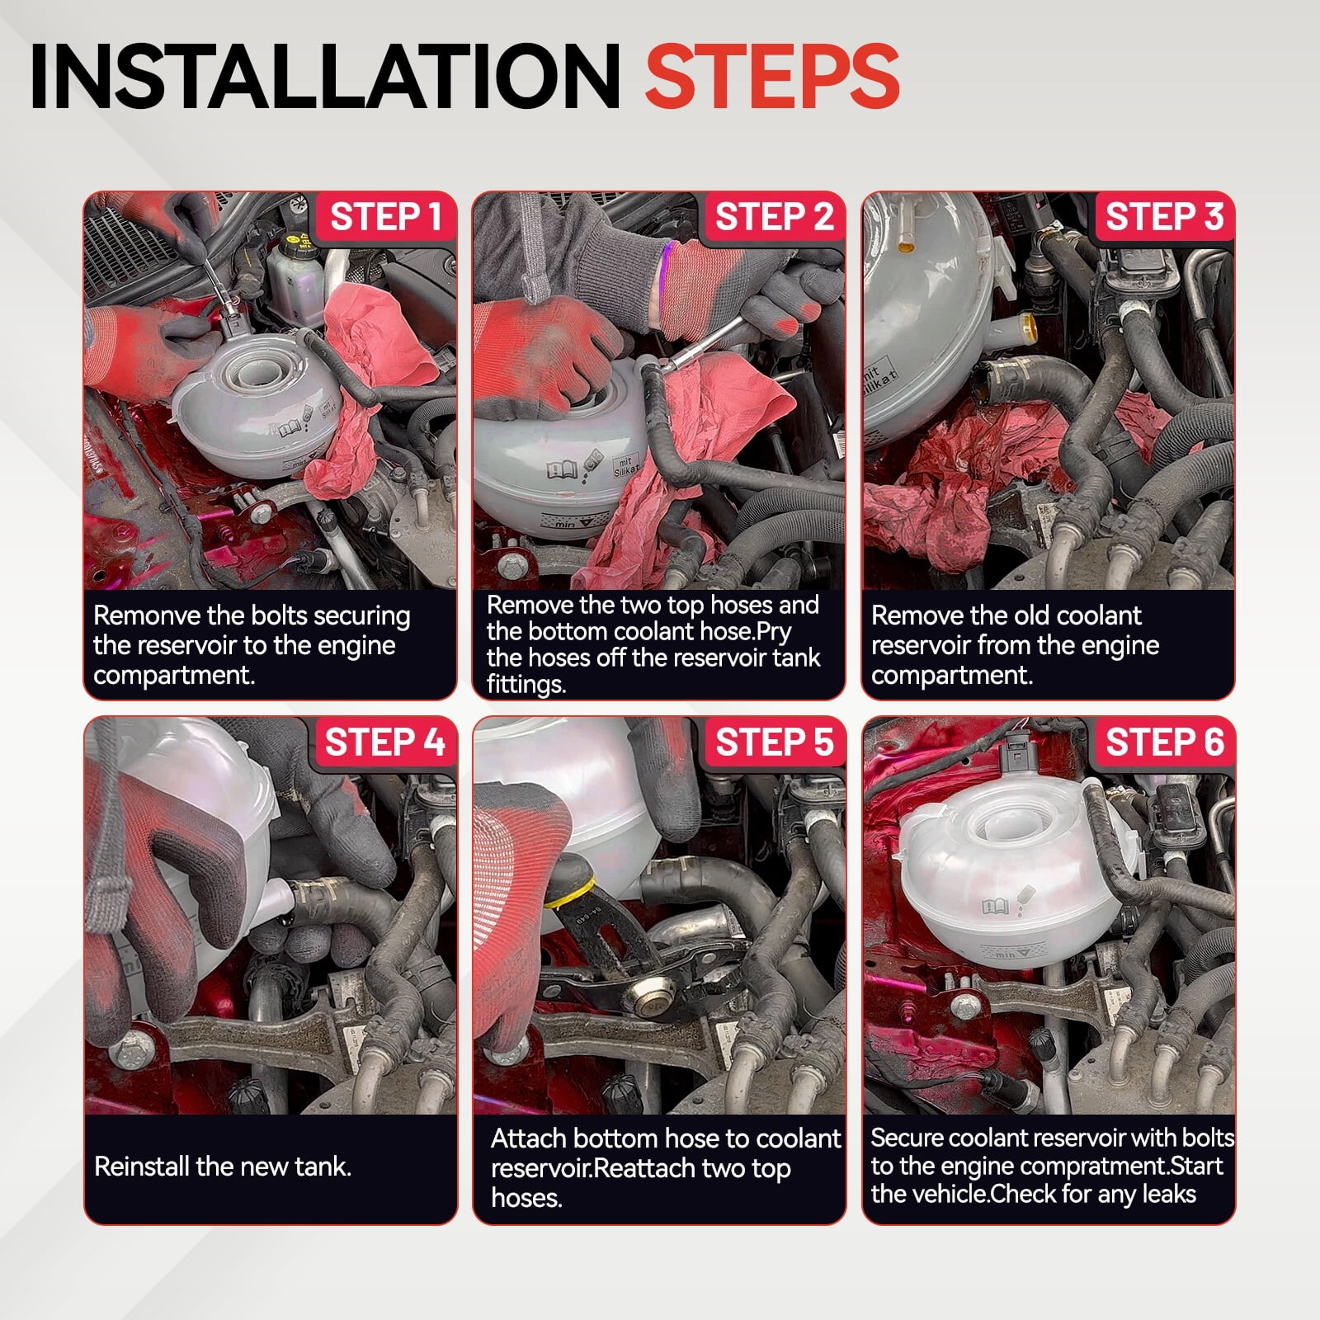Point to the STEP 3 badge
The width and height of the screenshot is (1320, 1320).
(1164, 217)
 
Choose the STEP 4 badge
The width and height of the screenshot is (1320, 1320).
(385, 742)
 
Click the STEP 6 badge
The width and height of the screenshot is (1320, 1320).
(1164, 742)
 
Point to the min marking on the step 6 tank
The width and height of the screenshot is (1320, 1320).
(1006, 955)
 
